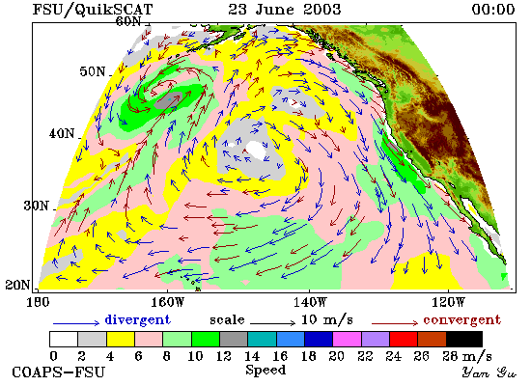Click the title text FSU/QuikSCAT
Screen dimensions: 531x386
coord(93,9)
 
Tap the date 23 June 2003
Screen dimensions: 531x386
coord(285,9)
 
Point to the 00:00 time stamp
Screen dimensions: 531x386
coord(493,9)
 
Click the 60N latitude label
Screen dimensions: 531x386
coord(128,21)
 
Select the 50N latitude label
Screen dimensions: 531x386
coord(93,71)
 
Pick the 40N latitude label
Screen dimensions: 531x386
coord(62,134)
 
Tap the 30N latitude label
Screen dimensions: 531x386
coord(37,206)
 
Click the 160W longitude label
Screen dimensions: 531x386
coord(167,302)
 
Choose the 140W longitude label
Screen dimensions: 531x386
coord(310,302)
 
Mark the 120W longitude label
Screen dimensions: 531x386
coord(448,302)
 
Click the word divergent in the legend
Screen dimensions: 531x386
coord(137,319)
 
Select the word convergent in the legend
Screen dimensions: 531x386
coord(461,320)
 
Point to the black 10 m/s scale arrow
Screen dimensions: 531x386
coord(273,323)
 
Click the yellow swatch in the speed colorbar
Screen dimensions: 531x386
coord(121,340)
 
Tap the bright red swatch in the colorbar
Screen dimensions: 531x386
coord(404,340)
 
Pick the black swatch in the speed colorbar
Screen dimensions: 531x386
coord(464,340)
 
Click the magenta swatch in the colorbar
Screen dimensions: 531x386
coord(347,340)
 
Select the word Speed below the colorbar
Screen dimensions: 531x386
coord(265,370)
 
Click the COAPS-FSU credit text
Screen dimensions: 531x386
coord(59,372)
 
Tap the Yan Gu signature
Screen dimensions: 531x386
coord(489,372)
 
